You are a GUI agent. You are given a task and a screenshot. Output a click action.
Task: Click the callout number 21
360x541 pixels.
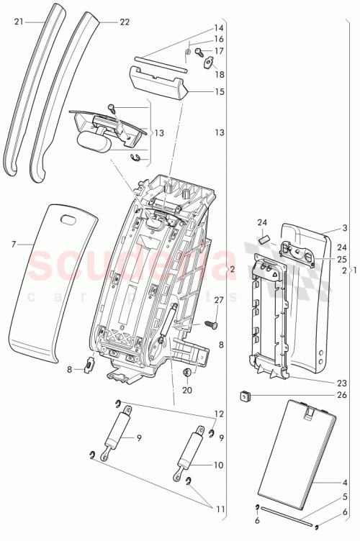click(19, 22)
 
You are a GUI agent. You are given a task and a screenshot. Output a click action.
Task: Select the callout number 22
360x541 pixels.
click(125, 22)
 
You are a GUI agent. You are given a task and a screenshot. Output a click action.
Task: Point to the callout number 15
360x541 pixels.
click(219, 91)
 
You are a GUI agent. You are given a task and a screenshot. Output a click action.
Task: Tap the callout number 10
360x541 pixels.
click(218, 465)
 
